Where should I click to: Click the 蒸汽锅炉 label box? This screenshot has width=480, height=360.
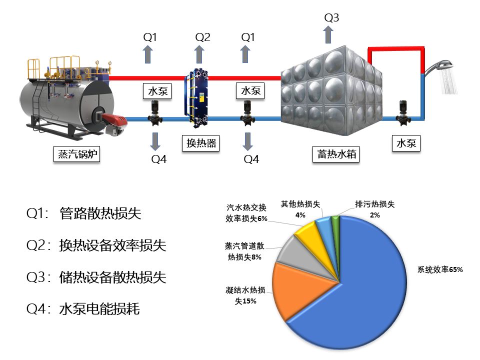click(76, 154)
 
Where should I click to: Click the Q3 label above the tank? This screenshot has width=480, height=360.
click(331, 18)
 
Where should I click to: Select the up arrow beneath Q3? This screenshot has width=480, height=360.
click(328, 35)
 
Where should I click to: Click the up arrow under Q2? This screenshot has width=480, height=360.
click(199, 54)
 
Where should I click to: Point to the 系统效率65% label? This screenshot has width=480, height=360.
click(440, 270)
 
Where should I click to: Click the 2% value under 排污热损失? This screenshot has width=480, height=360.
click(374, 215)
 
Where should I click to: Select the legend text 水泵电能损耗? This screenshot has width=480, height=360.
click(99, 309)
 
